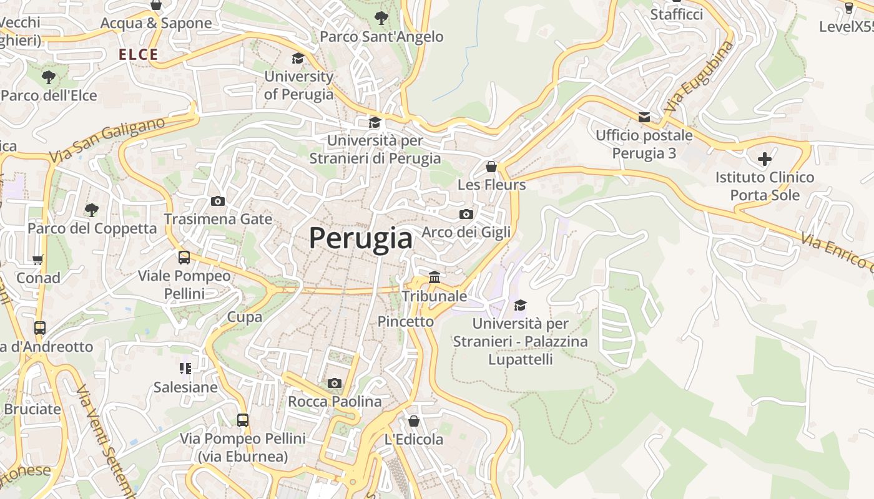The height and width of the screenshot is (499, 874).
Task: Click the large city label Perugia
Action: coord(361,238)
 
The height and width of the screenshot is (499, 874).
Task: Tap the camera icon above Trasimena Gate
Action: coord(218,201)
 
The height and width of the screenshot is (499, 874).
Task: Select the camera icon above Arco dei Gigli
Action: coord(466,214)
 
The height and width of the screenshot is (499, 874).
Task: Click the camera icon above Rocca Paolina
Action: coord(335,383)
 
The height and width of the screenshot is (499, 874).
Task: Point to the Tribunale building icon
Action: coord(435,277)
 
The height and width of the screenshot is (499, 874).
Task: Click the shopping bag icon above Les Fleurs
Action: coord(491,167)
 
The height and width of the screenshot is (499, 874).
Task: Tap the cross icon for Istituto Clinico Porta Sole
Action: coord(764,158)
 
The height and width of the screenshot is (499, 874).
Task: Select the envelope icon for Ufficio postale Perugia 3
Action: coord(644,117)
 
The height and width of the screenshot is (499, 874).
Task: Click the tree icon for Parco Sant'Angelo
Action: coord(381,17)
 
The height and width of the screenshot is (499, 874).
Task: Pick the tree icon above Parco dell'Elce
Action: coord(49,77)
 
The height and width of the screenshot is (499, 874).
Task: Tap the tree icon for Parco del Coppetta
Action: coord(92,210)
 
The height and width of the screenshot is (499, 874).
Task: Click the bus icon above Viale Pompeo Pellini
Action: coord(184,258)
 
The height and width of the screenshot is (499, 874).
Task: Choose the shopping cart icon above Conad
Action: coord(38,259)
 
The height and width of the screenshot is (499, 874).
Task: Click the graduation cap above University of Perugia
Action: coord(298,59)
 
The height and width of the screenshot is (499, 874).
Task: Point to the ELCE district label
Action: coord(139,55)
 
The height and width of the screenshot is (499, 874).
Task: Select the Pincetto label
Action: coord(405,321)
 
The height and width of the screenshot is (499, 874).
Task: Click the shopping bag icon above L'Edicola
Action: coord(413,421)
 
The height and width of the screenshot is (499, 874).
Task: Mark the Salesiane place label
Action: coord(185,387)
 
